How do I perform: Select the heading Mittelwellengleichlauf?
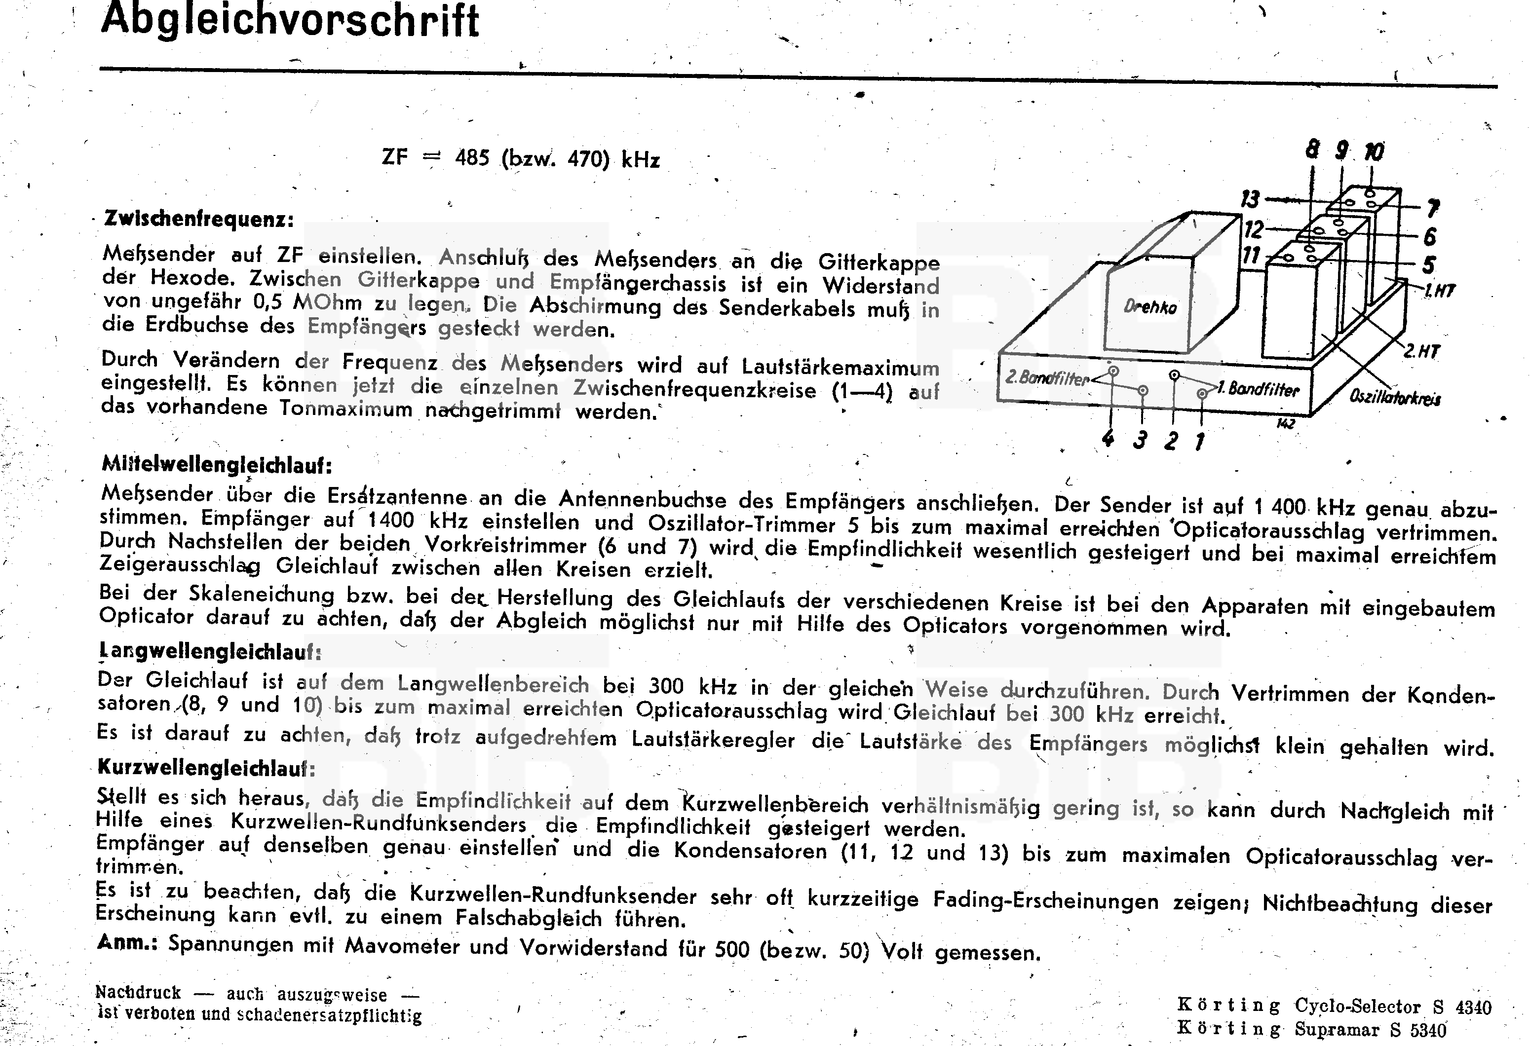[x=217, y=465]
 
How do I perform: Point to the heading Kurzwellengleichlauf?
[x=206, y=768]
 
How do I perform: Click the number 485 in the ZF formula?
[x=472, y=158]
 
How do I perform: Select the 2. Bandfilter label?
[x=1046, y=378]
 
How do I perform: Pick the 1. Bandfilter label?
[x=1258, y=389]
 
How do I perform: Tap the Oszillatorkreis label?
[x=1394, y=398]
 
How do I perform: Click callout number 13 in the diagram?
[x=1250, y=199]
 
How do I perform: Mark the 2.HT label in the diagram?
[x=1421, y=351]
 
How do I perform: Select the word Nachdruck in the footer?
[x=138, y=993]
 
